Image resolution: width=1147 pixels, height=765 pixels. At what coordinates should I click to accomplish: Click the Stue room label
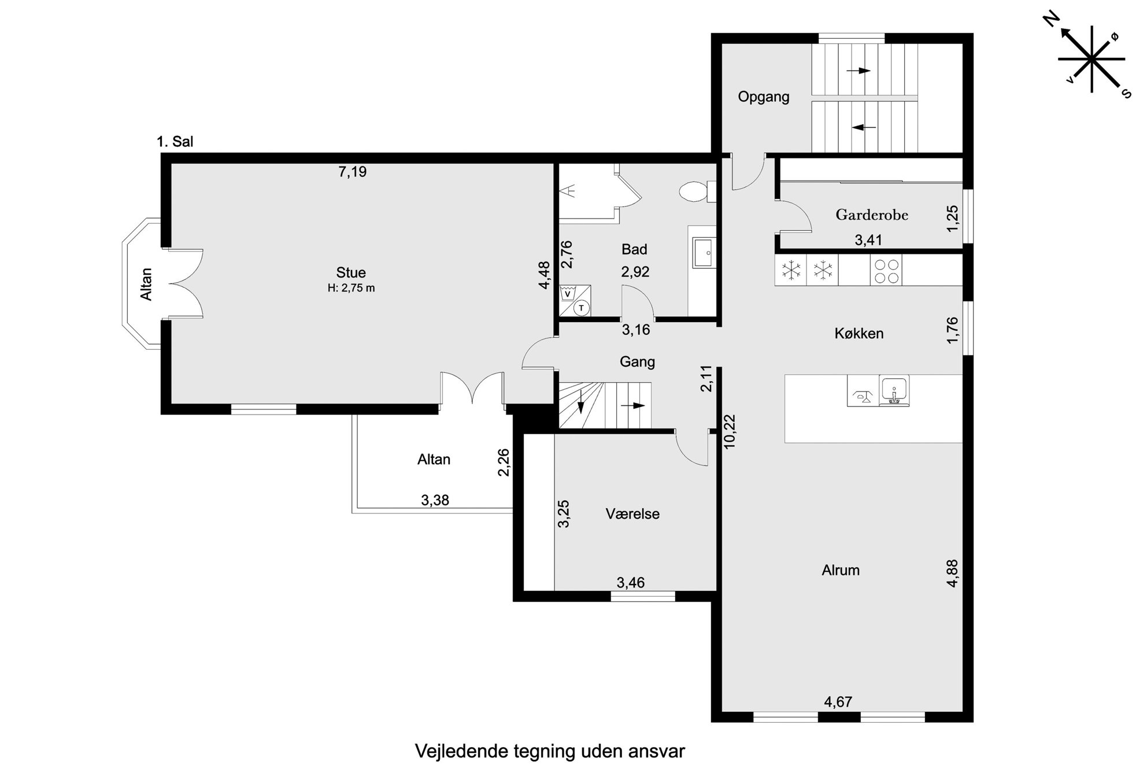pos(351,272)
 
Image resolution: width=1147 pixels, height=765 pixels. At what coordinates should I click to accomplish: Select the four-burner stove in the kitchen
pos(886,271)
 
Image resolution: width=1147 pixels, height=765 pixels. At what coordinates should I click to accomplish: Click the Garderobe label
pos(872,215)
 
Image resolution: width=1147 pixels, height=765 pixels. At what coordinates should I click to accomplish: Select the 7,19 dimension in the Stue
pos(352,172)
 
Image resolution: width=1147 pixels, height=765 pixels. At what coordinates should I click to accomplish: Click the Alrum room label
pos(841,570)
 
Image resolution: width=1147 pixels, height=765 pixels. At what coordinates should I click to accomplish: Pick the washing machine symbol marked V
pos(568,293)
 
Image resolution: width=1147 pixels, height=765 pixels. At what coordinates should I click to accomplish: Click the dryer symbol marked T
pos(582,308)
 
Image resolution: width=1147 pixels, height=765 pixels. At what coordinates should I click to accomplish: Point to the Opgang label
pos(764,97)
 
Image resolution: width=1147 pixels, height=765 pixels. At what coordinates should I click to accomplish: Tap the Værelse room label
pos(632,513)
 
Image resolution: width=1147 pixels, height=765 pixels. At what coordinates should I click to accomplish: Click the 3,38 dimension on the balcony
pos(435,500)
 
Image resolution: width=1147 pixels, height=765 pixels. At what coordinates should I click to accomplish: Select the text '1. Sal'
pos(175,142)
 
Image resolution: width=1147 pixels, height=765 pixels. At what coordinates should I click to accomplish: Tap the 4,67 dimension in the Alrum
pos(838,702)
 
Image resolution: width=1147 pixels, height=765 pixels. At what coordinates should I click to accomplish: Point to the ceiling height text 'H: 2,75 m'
pos(351,288)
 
